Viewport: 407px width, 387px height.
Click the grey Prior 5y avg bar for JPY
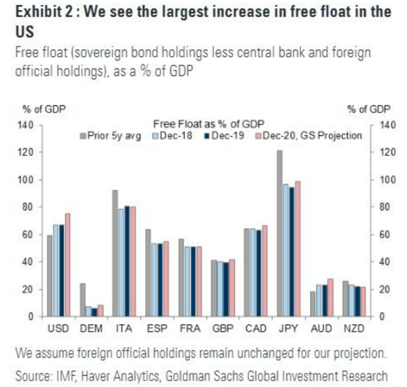tap(279, 233)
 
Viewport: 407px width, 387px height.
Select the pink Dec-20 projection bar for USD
tap(68, 265)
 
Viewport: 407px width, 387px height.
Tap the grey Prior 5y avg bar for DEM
tap(83, 300)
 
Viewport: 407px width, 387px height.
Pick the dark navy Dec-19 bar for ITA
tap(127, 261)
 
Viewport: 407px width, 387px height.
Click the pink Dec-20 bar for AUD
tap(330, 298)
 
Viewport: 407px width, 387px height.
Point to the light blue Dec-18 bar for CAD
tap(252, 273)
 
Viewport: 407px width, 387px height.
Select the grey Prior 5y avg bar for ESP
tap(148, 273)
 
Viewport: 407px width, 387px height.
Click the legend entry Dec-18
tap(172, 136)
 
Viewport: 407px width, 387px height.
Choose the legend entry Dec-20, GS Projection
tap(309, 136)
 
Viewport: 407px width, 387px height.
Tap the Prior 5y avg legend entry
tap(110, 136)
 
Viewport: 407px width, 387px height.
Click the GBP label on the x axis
tap(223, 328)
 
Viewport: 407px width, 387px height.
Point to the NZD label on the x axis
tap(354, 328)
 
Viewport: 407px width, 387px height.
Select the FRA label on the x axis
tap(190, 328)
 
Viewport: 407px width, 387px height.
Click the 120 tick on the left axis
tap(25, 152)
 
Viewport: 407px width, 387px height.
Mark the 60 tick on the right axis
tap(384, 235)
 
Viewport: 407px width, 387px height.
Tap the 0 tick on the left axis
tap(31, 317)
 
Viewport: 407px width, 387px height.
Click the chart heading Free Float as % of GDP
tap(209, 124)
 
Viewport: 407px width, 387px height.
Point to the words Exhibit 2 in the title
tap(44, 12)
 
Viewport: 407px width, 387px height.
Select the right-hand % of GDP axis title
tap(369, 109)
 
